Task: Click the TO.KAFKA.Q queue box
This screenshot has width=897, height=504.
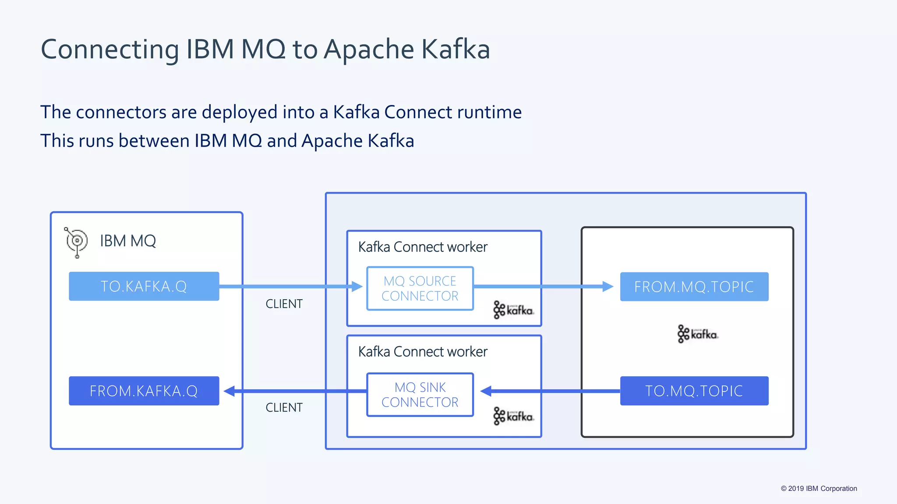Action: coord(144,286)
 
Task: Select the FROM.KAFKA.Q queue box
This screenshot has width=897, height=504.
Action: coord(144,391)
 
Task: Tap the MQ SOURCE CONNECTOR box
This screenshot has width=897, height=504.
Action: coord(420,289)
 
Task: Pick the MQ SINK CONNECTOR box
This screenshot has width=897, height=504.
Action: coord(420,395)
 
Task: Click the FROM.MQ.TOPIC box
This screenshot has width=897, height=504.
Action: coord(694,287)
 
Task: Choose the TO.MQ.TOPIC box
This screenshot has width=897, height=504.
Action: coord(694,391)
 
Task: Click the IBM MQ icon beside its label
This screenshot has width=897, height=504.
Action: coord(76,241)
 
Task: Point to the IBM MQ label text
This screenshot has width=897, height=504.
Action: coord(127,241)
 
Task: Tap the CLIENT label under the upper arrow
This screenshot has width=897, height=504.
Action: coord(284,304)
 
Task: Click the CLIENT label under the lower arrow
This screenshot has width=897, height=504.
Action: coord(284,408)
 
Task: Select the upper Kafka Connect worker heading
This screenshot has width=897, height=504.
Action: coord(423,247)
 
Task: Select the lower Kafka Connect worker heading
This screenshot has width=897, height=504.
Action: coord(423,352)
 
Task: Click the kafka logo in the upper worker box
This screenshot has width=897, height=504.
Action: coord(513,310)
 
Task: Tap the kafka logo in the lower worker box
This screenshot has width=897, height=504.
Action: coord(513,416)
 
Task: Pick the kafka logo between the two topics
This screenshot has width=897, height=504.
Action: coord(697,334)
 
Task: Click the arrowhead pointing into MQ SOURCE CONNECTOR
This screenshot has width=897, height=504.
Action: coord(357,287)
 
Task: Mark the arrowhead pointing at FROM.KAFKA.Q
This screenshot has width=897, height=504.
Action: coord(230,391)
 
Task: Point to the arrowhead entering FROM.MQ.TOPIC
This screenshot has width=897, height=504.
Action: coord(608,287)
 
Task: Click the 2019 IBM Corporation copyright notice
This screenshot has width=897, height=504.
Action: coord(819,489)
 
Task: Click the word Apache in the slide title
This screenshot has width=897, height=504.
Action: coord(369,49)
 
